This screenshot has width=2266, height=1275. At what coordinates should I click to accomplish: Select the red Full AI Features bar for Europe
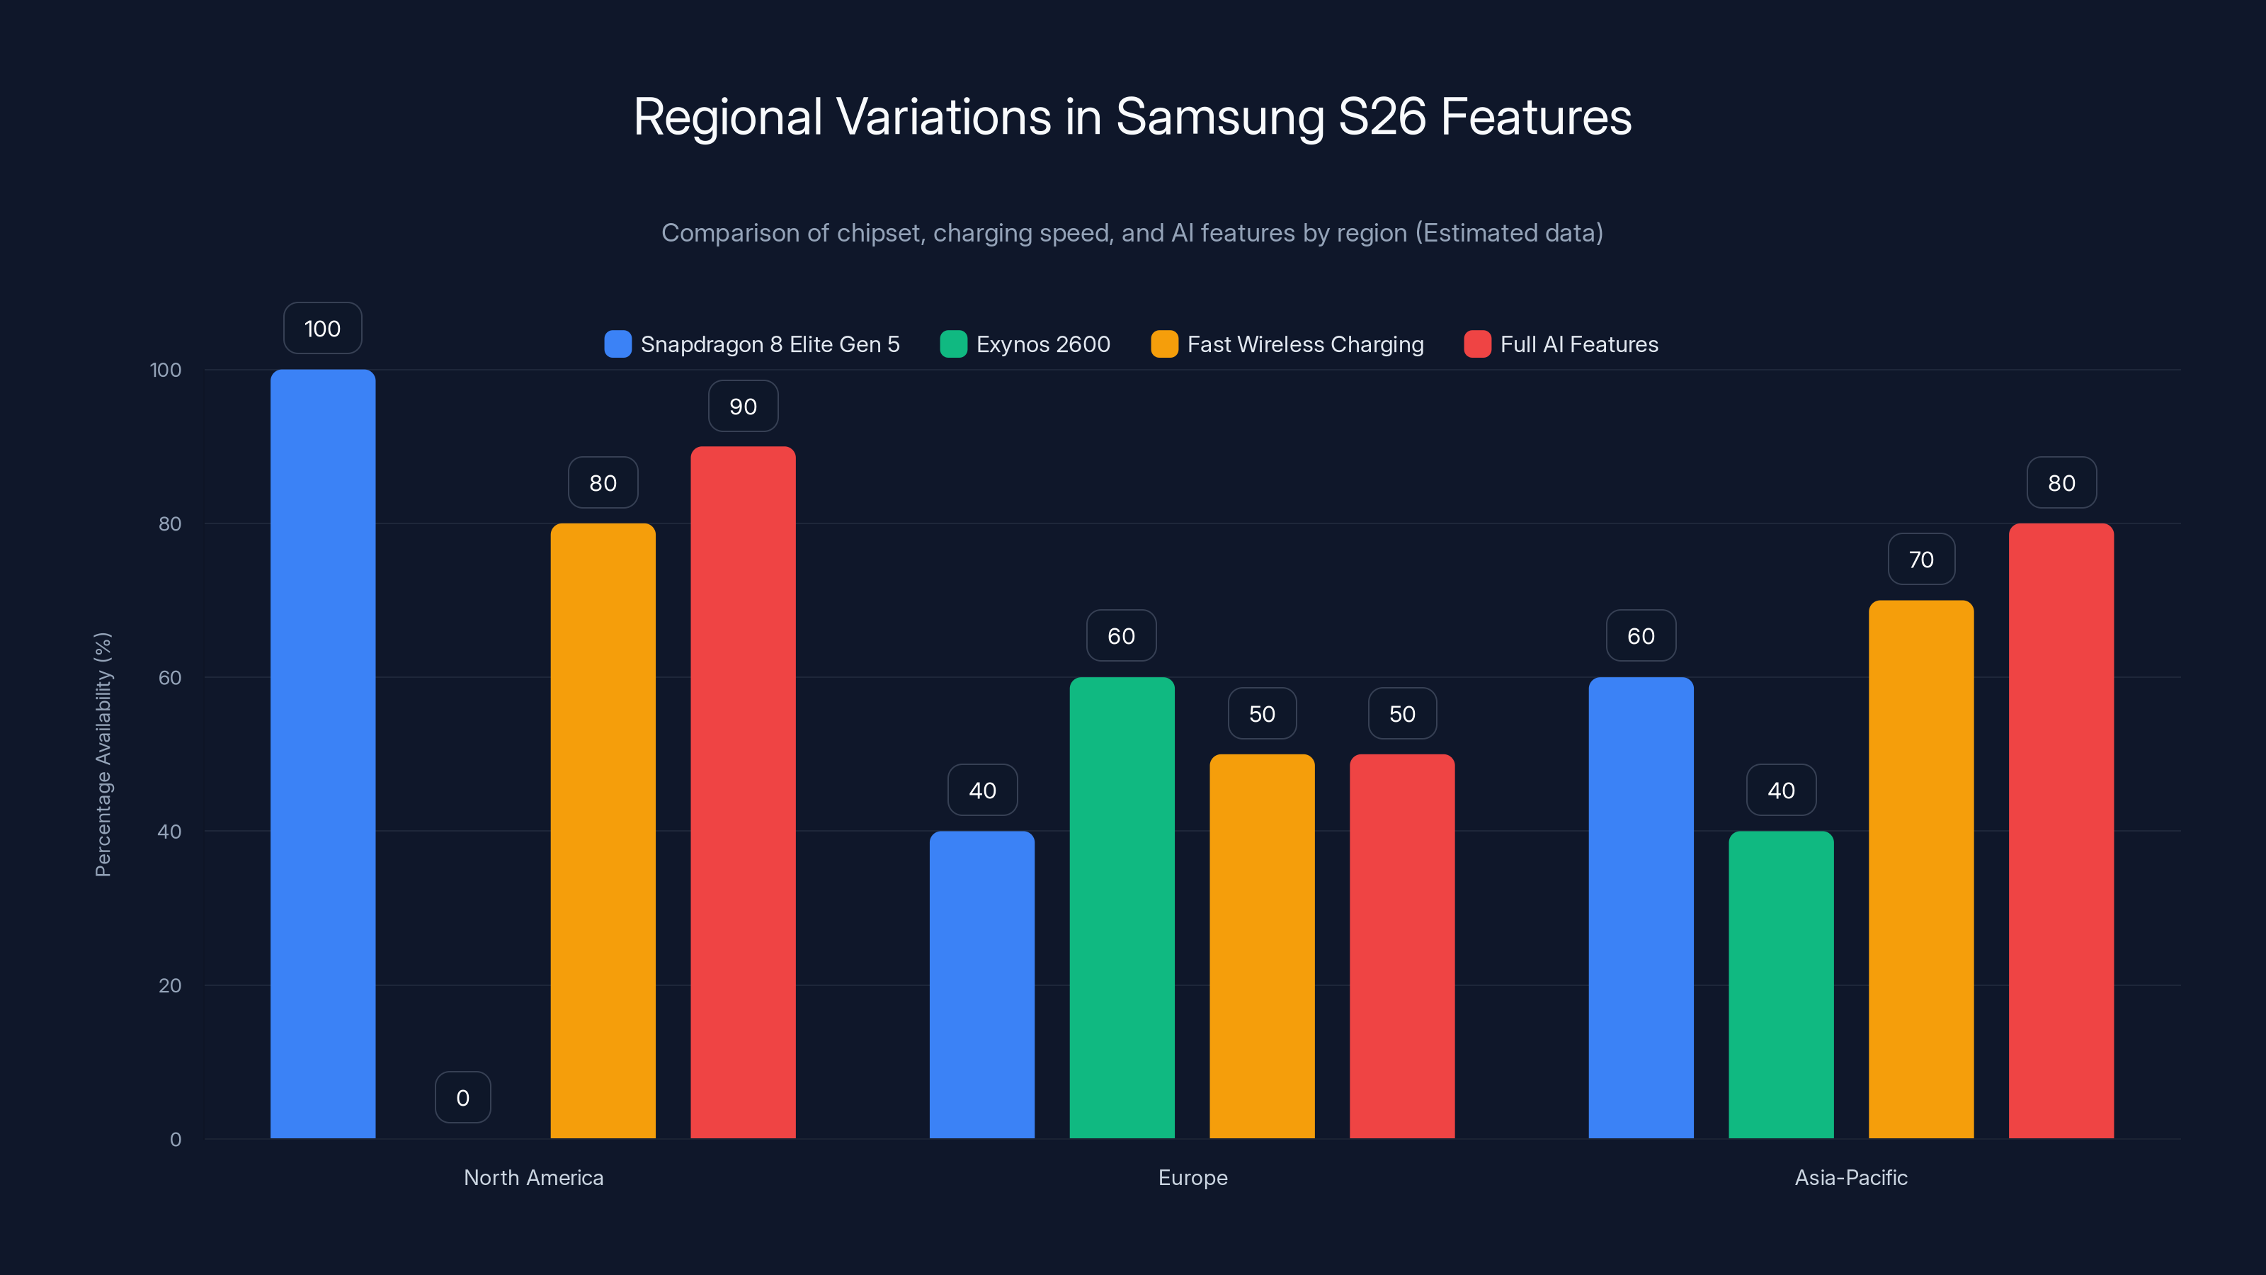[1401, 946]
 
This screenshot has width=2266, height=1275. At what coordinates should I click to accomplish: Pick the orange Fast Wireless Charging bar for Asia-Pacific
[1920, 868]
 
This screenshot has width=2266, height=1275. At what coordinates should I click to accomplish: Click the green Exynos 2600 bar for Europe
[1122, 907]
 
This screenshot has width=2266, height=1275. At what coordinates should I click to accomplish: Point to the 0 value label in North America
[462, 1097]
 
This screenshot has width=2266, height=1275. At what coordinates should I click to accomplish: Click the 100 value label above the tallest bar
[322, 328]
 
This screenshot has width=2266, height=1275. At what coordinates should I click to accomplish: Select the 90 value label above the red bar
[744, 407]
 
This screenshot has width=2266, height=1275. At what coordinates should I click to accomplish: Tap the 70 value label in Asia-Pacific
[1921, 560]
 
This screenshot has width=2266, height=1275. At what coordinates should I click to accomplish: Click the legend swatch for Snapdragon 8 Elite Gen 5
[617, 344]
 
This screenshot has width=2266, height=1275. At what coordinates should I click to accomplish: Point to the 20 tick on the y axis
[170, 985]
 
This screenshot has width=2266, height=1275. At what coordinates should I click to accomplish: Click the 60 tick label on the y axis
[170, 678]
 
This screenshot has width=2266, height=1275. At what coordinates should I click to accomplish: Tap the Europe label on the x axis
[1192, 1177]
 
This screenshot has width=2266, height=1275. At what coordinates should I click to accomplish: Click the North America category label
[533, 1177]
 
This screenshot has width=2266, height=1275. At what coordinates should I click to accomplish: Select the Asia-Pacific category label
[1851, 1177]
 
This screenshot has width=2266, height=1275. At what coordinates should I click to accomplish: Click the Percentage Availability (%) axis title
[103, 754]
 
